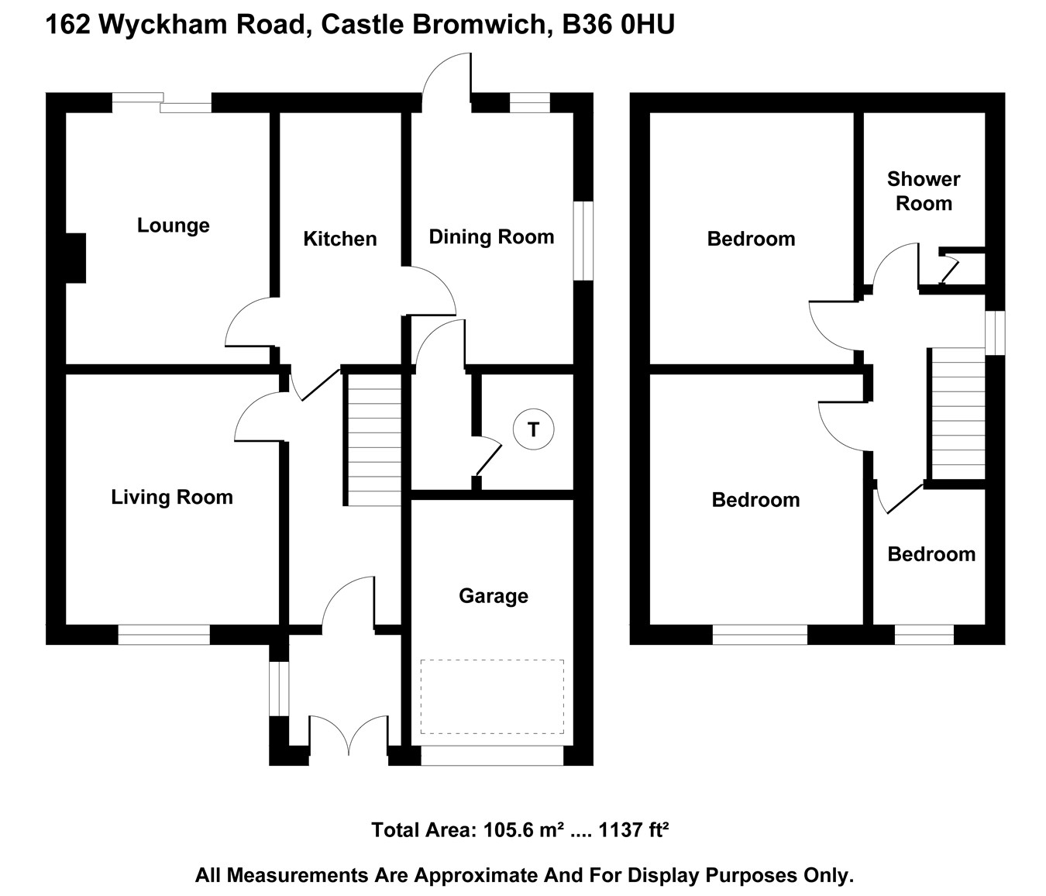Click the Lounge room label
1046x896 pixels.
click(x=173, y=226)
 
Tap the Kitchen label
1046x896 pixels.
click(x=339, y=239)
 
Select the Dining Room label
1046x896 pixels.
click(x=491, y=236)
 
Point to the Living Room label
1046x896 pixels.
click(x=171, y=497)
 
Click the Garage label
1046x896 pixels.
click(x=493, y=596)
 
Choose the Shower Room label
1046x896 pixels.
click(x=923, y=191)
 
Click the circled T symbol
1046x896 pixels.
click(x=533, y=429)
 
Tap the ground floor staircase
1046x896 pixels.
click(x=373, y=439)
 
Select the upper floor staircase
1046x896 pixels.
click(x=958, y=413)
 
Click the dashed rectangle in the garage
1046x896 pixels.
click(x=492, y=696)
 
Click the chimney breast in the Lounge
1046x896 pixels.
click(x=76, y=257)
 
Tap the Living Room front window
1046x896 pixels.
click(x=163, y=635)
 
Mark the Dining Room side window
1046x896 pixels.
click(x=583, y=240)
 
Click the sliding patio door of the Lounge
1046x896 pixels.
click(x=162, y=102)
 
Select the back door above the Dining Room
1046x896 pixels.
click(x=448, y=78)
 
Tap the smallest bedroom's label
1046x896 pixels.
click(x=931, y=554)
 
